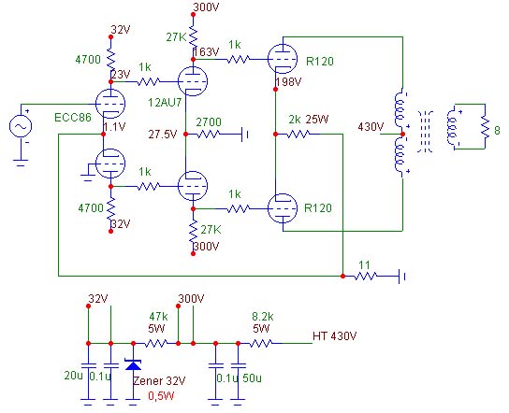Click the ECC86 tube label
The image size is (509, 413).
pyautogui.click(x=73, y=118)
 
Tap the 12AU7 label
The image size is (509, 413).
pyautogui.click(x=165, y=103)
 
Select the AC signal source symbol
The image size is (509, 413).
pyautogui.click(x=21, y=126)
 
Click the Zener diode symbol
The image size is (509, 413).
pyautogui.click(x=133, y=364)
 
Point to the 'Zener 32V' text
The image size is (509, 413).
pyautogui.click(x=159, y=381)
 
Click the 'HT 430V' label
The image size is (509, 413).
pyautogui.click(x=334, y=335)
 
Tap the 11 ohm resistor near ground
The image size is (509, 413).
pyautogui.click(x=365, y=277)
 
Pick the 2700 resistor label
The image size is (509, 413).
pyautogui.click(x=209, y=122)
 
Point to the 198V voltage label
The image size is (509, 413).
pyautogui.click(x=288, y=82)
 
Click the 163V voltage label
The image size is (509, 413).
pyautogui.click(x=207, y=52)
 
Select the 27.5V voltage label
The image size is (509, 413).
pyautogui.click(x=163, y=135)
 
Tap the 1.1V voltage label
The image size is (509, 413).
pyautogui.click(x=114, y=127)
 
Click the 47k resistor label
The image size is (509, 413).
pyautogui.click(x=158, y=316)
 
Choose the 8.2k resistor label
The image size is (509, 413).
pyautogui.click(x=263, y=316)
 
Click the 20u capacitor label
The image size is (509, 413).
pyautogui.click(x=73, y=376)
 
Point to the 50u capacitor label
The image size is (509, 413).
pyautogui.click(x=252, y=378)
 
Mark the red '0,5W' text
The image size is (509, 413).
pyautogui.click(x=161, y=396)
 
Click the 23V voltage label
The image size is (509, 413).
pyautogui.click(x=121, y=75)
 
